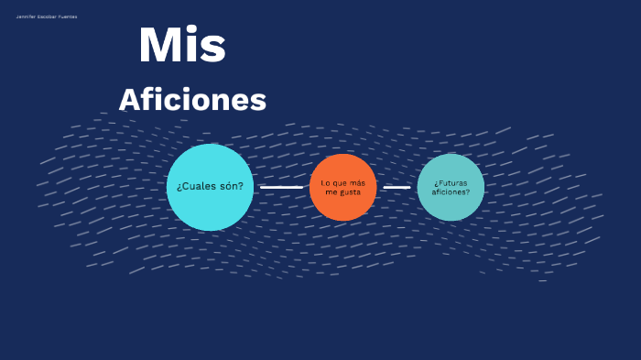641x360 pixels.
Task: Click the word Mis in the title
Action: pyautogui.click(x=182, y=46)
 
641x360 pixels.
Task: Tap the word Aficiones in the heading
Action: pyautogui.click(x=192, y=100)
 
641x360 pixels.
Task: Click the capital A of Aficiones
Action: pyautogui.click(x=129, y=100)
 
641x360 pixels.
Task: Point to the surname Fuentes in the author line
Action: pyautogui.click(x=68, y=16)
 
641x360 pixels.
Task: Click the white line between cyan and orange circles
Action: pyautogui.click(x=281, y=187)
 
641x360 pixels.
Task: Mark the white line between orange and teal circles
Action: pyautogui.click(x=397, y=187)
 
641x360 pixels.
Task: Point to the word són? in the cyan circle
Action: pyautogui.click(x=233, y=186)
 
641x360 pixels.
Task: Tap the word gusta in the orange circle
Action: pyautogui.click(x=350, y=192)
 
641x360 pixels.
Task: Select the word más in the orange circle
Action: pyautogui.click(x=358, y=182)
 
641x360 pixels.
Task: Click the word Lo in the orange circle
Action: pyautogui.click(x=325, y=182)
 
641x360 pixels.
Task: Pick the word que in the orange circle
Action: pyautogui.click(x=339, y=182)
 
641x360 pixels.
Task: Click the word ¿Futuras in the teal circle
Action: pyautogui.click(x=451, y=182)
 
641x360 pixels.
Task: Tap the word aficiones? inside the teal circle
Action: pyautogui.click(x=451, y=192)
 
